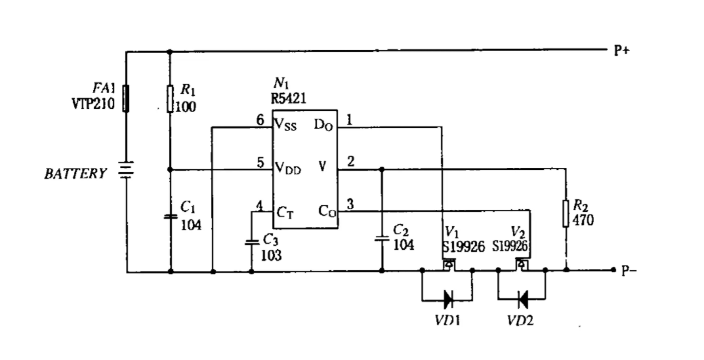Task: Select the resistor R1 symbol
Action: tap(170, 99)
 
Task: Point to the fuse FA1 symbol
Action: tap(125, 99)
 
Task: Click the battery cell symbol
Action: tap(125, 171)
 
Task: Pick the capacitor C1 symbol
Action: tap(170, 217)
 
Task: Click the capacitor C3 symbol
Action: tap(251, 242)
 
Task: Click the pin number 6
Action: tap(260, 120)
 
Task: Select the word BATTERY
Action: tap(75, 174)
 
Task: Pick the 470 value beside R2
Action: tap(583, 221)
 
